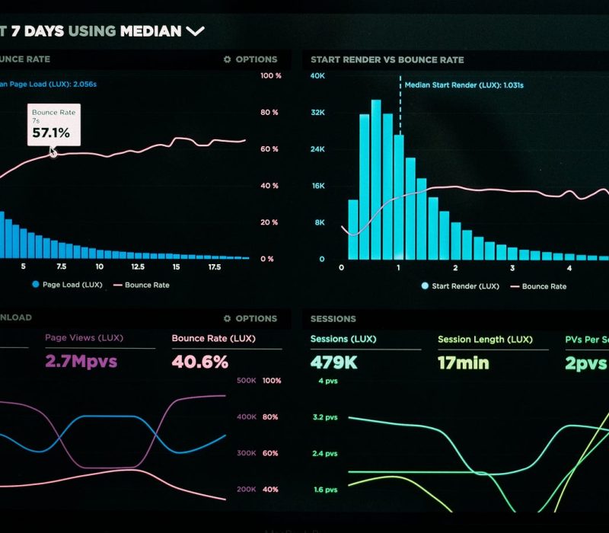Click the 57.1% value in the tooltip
(x=50, y=133)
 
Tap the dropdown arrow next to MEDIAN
(x=196, y=31)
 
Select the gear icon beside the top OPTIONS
(x=227, y=59)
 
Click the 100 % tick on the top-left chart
(x=270, y=76)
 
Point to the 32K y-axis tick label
(x=318, y=113)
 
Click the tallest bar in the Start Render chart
(x=376, y=179)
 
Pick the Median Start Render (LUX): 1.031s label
(x=464, y=85)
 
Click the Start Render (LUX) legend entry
(x=465, y=286)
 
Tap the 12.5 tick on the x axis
(x=138, y=267)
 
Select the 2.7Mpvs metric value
(x=81, y=362)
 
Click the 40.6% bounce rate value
(x=199, y=362)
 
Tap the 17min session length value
(x=463, y=362)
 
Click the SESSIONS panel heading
(x=333, y=319)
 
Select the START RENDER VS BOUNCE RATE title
(x=387, y=59)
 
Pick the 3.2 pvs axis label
(x=324, y=417)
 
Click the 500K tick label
(x=246, y=381)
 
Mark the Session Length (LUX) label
(x=485, y=340)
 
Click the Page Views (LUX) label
(x=84, y=337)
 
